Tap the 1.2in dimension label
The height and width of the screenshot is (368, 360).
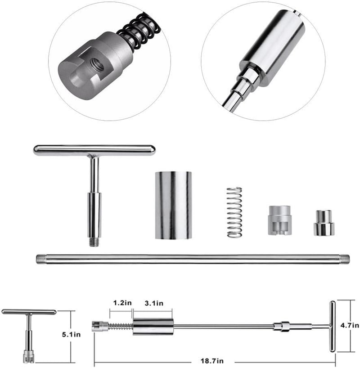pyautogui.click(x=121, y=303)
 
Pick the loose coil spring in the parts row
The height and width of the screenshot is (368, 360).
pyautogui.click(x=234, y=212)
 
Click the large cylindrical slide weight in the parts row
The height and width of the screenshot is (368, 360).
pyautogui.click(x=173, y=205)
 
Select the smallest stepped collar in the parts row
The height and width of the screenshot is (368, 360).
pyautogui.click(x=324, y=223)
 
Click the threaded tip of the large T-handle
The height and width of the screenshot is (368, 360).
pyautogui.click(x=94, y=242)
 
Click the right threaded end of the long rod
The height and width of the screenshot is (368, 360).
pyautogui.click(x=344, y=259)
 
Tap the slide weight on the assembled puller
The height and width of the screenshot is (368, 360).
pyautogui.click(x=153, y=326)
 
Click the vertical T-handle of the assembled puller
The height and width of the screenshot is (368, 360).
pyautogui.click(x=333, y=326)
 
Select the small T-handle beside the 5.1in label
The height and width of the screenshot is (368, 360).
pyautogui.click(x=28, y=333)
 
